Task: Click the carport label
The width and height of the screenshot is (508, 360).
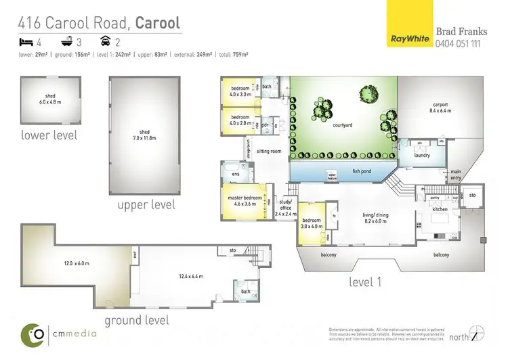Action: [441, 105]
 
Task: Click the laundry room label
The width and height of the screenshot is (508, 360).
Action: [423, 155]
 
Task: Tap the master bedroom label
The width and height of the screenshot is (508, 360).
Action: [242, 199]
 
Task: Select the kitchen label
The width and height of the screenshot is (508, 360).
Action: [440, 210]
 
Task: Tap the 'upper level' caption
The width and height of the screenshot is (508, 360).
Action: [146, 204]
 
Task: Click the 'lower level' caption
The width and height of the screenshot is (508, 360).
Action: [49, 135]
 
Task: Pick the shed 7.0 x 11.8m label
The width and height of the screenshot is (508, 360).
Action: [144, 135]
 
